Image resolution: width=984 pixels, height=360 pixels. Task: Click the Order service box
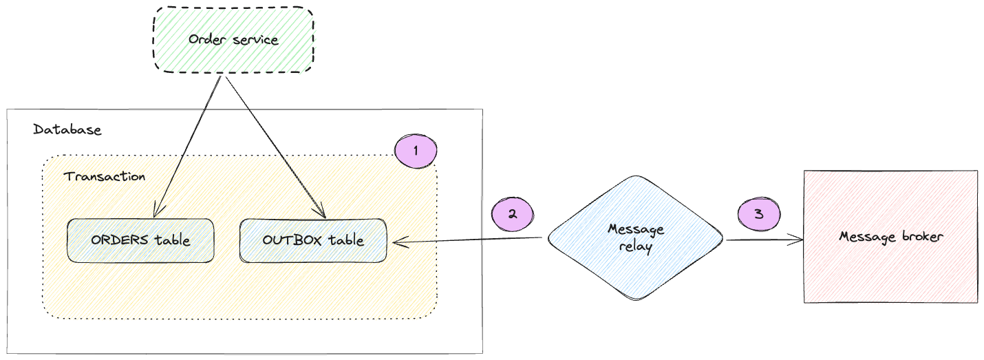(x=233, y=39)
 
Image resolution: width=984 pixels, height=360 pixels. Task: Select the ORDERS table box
(x=140, y=240)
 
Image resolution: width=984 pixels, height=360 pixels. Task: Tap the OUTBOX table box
(x=313, y=240)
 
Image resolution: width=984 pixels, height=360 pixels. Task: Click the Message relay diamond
(x=635, y=237)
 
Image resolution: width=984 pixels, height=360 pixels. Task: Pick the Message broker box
(x=890, y=236)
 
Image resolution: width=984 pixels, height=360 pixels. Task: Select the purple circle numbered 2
(x=513, y=213)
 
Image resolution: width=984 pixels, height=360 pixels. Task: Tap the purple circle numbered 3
(x=758, y=213)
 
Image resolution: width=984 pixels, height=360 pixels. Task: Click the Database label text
(x=67, y=129)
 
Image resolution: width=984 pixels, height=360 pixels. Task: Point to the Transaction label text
(x=105, y=176)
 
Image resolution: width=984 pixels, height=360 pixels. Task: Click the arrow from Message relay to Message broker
(x=764, y=240)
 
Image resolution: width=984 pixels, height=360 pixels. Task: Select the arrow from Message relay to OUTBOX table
(x=468, y=240)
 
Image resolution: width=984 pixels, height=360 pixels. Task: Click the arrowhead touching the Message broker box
(x=798, y=240)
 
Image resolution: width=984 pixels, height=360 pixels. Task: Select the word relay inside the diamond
(x=635, y=246)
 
